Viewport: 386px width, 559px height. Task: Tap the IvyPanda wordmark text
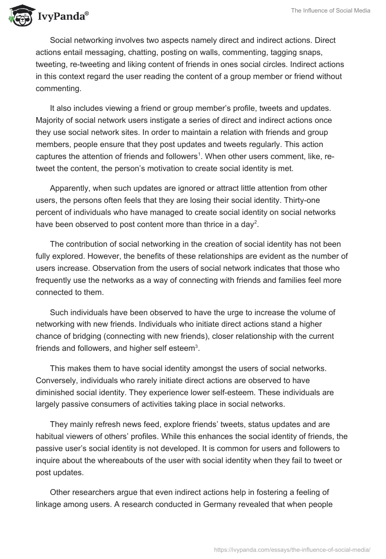coord(63,17)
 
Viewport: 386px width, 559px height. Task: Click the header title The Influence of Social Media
coord(331,11)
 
